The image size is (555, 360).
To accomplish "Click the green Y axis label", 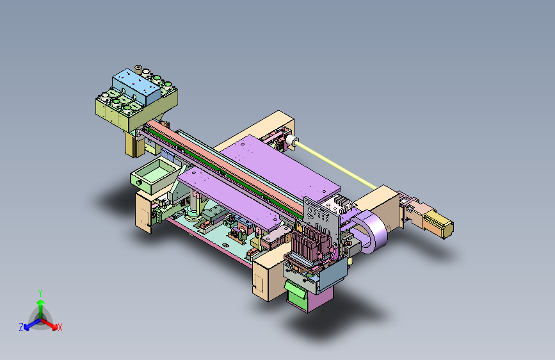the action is [40, 293].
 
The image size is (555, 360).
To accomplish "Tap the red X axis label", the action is [60, 327].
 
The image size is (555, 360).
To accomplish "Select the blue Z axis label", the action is [21, 327].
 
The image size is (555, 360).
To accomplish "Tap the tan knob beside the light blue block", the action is [138, 69].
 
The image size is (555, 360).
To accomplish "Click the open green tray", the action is [153, 176].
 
